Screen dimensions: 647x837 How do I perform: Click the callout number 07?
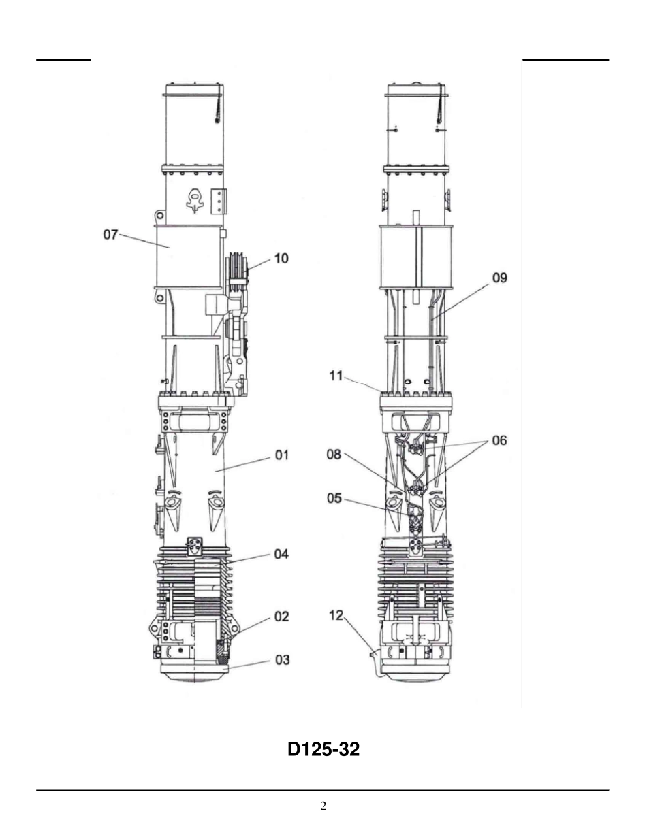coord(110,235)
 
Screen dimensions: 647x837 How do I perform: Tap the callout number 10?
coord(281,258)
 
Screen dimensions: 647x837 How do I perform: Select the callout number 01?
coord(282,455)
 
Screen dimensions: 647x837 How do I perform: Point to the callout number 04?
coord(281,554)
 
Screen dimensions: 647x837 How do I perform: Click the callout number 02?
coord(282,617)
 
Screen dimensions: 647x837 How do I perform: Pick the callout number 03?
coord(282,660)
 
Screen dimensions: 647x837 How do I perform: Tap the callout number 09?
coord(500,278)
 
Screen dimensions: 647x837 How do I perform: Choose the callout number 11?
coord(336,376)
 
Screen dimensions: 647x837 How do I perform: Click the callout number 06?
coord(499,440)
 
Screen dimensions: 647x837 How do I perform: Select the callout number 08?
coord(334,455)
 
